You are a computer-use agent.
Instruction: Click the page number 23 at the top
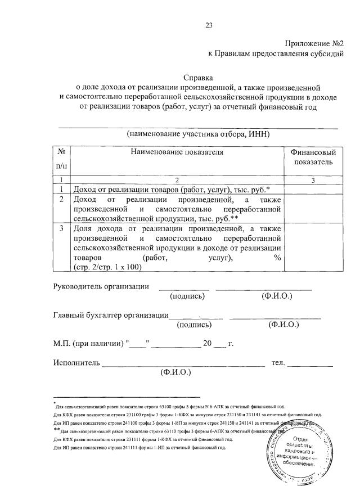pyautogui.click(x=209, y=25)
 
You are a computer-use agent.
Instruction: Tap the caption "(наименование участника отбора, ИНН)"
pyautogui.click(x=199, y=134)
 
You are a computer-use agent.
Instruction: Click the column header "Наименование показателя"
pyautogui.click(x=177, y=152)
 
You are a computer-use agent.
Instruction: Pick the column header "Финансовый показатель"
pyautogui.click(x=313, y=157)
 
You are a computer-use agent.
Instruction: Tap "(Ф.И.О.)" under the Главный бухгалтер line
pyautogui.click(x=283, y=325)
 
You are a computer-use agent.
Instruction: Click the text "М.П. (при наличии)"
pyautogui.click(x=88, y=343)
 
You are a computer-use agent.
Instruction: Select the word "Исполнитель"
pyautogui.click(x=76, y=363)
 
